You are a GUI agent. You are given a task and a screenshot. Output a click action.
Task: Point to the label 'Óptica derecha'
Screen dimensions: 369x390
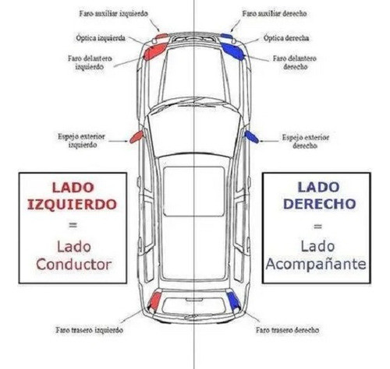coord(286,37)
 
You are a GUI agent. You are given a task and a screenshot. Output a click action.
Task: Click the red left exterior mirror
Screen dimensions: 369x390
coord(136,137)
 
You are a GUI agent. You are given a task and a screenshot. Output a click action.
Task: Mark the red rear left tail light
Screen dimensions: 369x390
coord(154,300)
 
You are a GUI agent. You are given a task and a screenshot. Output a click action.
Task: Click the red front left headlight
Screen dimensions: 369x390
coord(152,49)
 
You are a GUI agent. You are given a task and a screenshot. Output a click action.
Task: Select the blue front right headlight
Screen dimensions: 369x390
coord(236,49)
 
